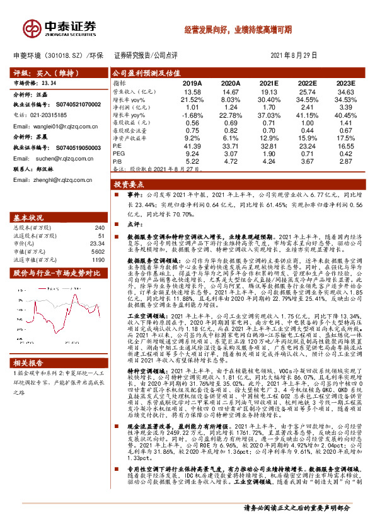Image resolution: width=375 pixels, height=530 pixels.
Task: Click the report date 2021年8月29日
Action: [300, 55]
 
